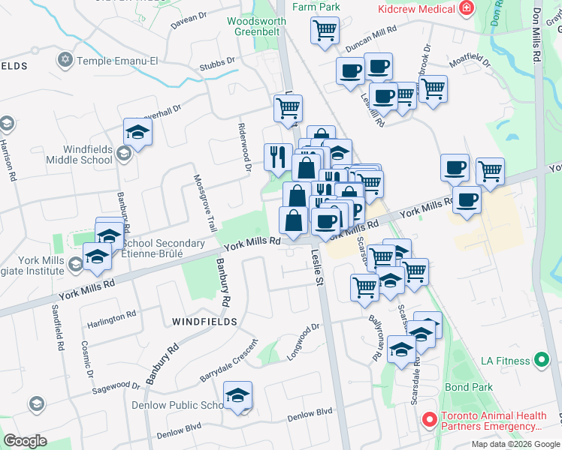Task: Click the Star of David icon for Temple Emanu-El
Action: (65, 59)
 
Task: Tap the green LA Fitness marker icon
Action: (539, 361)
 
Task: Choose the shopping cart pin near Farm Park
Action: (325, 31)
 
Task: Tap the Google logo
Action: (25, 441)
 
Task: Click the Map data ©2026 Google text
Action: (515, 444)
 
